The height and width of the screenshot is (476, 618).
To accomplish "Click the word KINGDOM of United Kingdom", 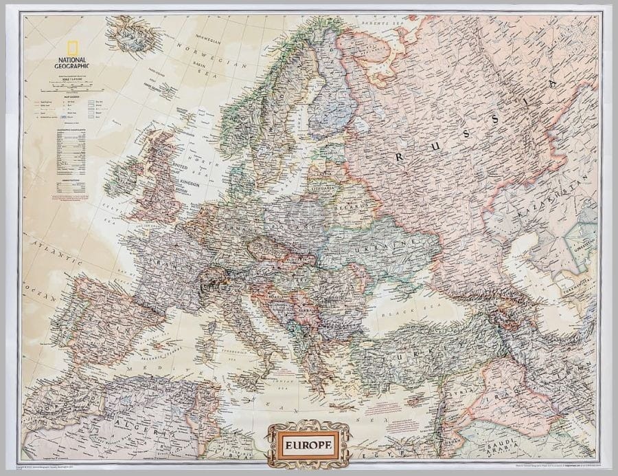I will point(190,184).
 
